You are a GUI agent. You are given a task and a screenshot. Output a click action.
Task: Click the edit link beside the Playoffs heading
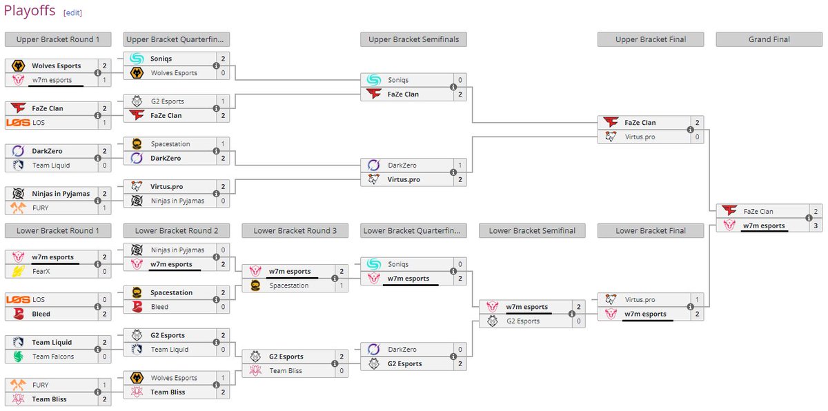pos(72,13)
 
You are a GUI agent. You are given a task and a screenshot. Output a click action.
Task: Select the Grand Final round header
pos(769,39)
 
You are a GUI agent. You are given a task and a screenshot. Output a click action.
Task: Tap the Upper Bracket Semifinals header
pos(413,39)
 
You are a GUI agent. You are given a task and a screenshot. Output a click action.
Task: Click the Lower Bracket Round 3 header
pos(295,230)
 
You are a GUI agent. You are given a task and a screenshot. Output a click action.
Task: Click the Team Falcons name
pos(52,357)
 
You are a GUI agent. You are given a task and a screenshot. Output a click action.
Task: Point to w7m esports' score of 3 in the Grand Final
pos(815,225)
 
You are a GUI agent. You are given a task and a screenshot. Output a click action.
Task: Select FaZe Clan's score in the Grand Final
pos(815,212)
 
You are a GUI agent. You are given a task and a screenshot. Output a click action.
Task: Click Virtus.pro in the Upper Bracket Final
pos(641,137)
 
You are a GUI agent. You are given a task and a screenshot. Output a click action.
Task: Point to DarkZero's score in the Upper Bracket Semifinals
pos(460,166)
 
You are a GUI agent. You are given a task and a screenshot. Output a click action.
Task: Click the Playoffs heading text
pos(30,12)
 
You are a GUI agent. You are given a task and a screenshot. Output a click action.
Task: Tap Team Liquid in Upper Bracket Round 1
pos(50,166)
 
